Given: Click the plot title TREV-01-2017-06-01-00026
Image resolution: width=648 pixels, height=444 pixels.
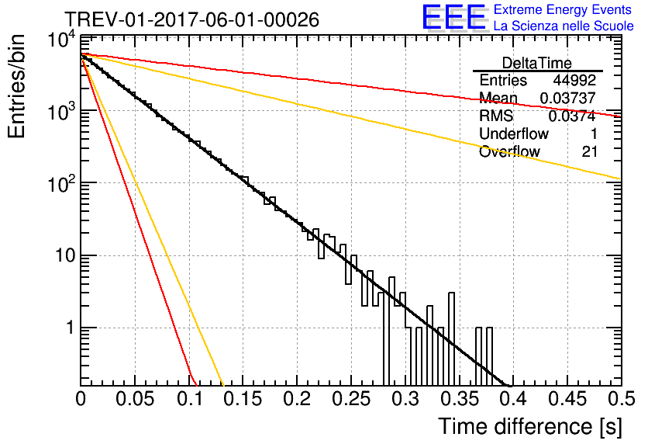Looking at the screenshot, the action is [x=192, y=19].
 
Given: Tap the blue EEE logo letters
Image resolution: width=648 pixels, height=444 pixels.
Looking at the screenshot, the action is [x=453, y=17].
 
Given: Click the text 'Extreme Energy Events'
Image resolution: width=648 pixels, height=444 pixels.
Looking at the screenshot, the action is [x=563, y=9].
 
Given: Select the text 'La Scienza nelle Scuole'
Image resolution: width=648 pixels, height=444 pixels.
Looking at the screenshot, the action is [x=564, y=26].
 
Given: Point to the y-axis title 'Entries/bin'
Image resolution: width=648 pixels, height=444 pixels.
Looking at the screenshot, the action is [x=16, y=86].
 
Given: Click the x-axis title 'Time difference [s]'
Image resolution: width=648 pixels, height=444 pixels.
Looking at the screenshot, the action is [x=530, y=426].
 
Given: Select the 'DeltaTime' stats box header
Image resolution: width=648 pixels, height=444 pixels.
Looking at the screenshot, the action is [x=537, y=63].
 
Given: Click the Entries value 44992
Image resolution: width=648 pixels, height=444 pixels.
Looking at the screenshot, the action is [x=574, y=80].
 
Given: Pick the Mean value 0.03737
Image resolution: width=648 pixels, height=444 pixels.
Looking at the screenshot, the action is [x=568, y=98].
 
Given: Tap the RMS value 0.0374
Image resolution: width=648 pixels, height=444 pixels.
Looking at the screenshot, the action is [x=572, y=116].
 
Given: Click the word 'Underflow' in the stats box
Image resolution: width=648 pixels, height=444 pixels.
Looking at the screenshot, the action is [x=514, y=134].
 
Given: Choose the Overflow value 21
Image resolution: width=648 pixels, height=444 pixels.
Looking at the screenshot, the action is [x=590, y=151].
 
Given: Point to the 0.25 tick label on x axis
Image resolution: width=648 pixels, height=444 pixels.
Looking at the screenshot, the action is [x=351, y=399].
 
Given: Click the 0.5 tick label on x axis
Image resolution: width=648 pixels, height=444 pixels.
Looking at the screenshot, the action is [x=621, y=399].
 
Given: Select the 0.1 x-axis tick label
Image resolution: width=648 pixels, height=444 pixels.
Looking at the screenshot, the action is [x=189, y=399].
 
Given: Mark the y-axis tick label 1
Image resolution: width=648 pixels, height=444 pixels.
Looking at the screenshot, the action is [x=70, y=328].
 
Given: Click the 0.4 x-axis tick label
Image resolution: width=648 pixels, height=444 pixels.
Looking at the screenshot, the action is [x=513, y=399].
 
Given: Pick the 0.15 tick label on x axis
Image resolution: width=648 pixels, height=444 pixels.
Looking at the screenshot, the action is [x=243, y=399].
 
